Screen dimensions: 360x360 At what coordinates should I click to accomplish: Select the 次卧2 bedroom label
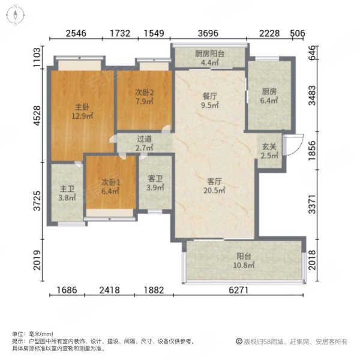tap(145, 92)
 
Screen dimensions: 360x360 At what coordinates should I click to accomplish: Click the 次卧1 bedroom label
tap(109, 182)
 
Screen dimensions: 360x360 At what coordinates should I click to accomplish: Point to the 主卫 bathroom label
tap(67, 186)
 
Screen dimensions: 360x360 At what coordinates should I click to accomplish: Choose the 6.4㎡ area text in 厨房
tap(270, 101)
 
